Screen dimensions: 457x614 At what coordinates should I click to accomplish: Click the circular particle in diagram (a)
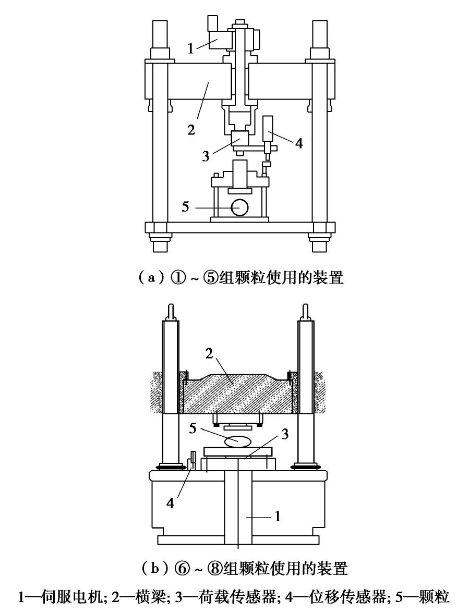[x=239, y=207]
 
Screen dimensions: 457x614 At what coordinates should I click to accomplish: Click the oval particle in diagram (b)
[x=237, y=441]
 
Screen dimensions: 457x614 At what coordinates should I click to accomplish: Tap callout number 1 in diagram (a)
[x=190, y=49]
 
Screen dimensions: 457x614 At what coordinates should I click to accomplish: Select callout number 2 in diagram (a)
[x=191, y=129]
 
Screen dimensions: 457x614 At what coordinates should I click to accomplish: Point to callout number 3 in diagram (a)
[x=206, y=156]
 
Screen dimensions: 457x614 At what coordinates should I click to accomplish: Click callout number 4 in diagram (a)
[x=299, y=143]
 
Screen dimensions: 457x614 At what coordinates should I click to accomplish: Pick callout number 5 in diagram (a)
[x=185, y=206]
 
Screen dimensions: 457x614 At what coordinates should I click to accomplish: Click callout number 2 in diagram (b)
[x=209, y=353]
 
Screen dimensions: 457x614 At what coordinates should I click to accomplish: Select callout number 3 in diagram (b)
[x=285, y=434]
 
